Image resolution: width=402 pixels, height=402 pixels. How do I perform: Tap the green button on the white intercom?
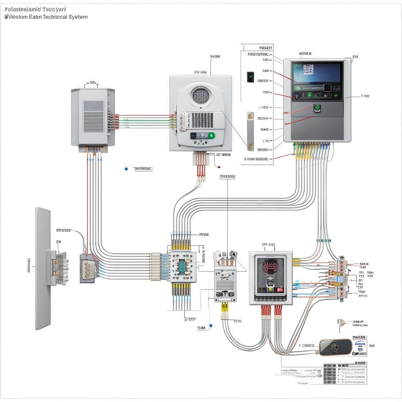click(212, 135)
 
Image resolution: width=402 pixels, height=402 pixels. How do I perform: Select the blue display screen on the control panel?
click(316, 73)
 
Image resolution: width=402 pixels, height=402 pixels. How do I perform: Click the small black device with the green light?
click(250, 77)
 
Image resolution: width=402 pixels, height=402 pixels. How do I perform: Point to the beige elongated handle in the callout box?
click(250, 132)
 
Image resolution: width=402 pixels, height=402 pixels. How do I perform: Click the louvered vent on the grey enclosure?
click(93, 112)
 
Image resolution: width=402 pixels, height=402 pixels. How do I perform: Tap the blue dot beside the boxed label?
click(126, 168)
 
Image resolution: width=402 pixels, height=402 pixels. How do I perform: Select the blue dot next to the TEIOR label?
click(211, 325)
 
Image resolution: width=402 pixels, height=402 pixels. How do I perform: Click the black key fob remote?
click(335, 347)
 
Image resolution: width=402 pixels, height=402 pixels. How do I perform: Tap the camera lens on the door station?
click(270, 282)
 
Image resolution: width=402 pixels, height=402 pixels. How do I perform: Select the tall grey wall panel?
click(43, 268)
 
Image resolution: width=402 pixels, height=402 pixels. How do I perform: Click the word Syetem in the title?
click(77, 17)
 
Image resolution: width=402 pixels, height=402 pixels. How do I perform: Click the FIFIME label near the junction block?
click(204, 235)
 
